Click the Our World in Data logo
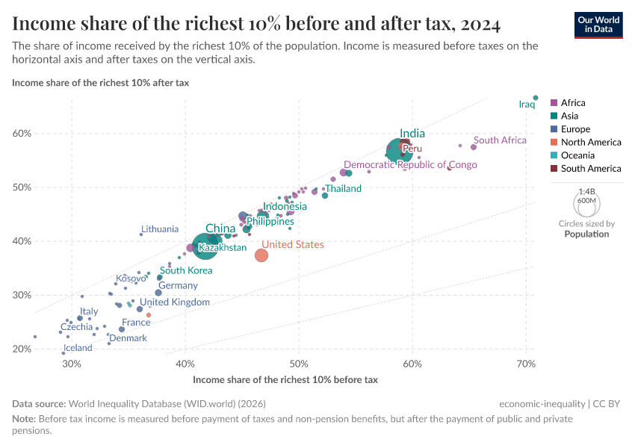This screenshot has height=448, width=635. tap(598, 24)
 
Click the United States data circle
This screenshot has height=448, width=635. tap(261, 255)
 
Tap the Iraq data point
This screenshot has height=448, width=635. tap(536, 97)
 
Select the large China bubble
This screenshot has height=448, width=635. tap(205, 244)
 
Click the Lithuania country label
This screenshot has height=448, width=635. tap(160, 229)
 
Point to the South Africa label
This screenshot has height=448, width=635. tap(501, 140)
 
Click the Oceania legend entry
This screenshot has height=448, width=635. tap(577, 155)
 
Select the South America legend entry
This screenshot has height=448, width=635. tap(590, 169)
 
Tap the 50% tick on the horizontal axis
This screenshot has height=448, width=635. tap(299, 364)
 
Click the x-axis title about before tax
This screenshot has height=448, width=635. tap(285, 379)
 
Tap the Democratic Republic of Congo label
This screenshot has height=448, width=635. tap(410, 165)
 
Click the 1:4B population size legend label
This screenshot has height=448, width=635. tap(586, 191)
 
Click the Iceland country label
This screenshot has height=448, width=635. tap(78, 348)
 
